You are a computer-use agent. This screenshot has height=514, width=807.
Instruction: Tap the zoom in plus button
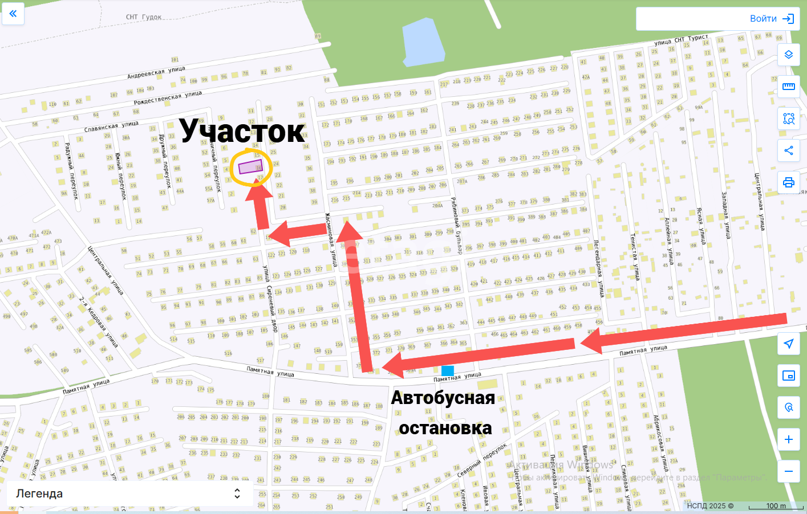point(789,439)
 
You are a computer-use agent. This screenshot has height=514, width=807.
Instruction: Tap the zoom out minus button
point(789,471)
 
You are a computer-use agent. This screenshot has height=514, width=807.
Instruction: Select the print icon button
point(789,182)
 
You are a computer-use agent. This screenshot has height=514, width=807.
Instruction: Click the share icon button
point(789,150)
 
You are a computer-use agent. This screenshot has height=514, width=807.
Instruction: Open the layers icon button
point(789,55)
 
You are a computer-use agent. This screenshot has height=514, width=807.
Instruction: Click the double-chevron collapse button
point(13,14)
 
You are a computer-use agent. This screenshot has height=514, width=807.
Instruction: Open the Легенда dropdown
point(129,493)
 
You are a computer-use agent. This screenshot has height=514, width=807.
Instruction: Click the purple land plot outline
point(250,167)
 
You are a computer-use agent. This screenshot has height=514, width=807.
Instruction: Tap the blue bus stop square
point(448,370)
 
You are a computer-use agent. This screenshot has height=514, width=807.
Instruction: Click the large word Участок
point(242,131)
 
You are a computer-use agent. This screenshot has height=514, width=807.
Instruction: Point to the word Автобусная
point(443,398)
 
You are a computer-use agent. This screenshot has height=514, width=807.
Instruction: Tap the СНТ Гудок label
point(144,17)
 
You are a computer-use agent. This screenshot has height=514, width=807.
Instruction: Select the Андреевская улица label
point(156,72)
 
